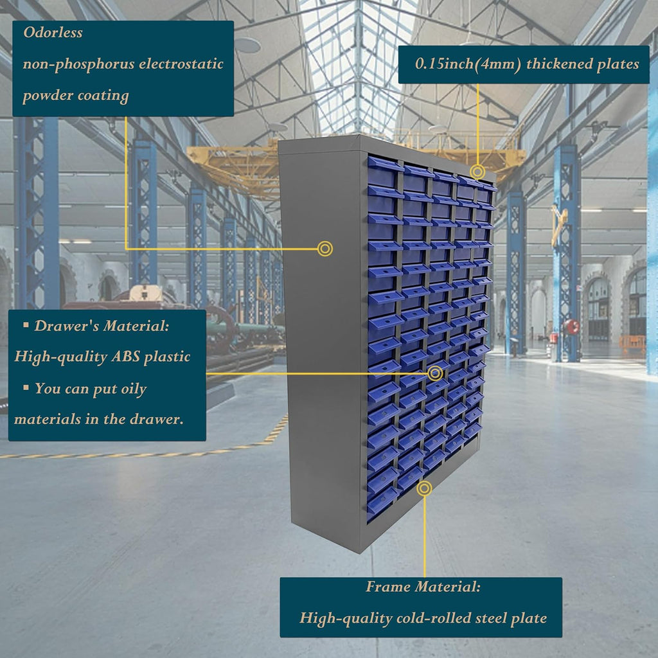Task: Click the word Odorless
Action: click(x=53, y=32)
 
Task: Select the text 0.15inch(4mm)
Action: click(x=468, y=64)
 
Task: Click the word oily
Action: click(x=134, y=389)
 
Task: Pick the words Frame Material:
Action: click(x=423, y=586)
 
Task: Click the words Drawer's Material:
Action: click(x=102, y=326)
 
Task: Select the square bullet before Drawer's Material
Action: click(x=26, y=325)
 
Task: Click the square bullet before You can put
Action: click(x=26, y=387)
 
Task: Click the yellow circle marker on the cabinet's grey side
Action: click(x=325, y=249)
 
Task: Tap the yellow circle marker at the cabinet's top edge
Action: click(x=477, y=172)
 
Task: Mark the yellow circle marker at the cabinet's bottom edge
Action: click(x=425, y=488)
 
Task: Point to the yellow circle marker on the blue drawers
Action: click(x=435, y=373)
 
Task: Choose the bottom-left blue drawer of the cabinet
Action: click(x=381, y=504)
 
